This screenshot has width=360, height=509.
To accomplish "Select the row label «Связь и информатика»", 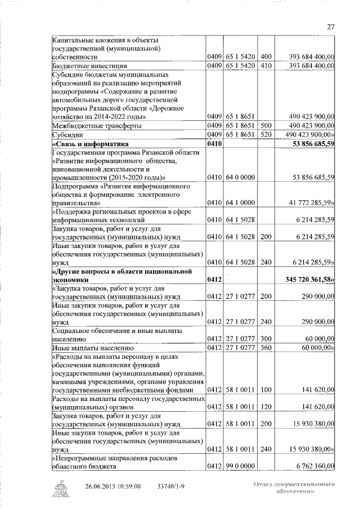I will [87, 144].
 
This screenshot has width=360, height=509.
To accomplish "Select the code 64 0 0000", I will [239, 178].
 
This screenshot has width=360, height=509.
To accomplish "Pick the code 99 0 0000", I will [239, 466].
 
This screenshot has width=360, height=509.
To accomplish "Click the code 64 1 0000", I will [239, 202].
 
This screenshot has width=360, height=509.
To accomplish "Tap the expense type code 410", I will [266, 66].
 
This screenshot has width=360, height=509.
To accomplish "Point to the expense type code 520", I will [266, 135].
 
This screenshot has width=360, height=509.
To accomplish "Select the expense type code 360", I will [266, 350].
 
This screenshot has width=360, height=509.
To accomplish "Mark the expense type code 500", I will [266, 126].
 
